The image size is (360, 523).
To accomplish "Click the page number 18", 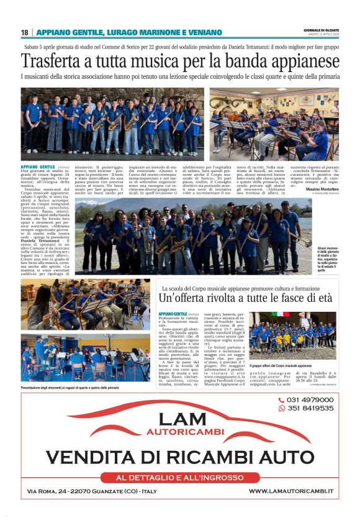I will pos(25,32).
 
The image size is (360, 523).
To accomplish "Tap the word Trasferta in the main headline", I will pos(55,61).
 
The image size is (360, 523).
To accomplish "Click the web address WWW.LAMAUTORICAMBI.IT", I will pos(290,491).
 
